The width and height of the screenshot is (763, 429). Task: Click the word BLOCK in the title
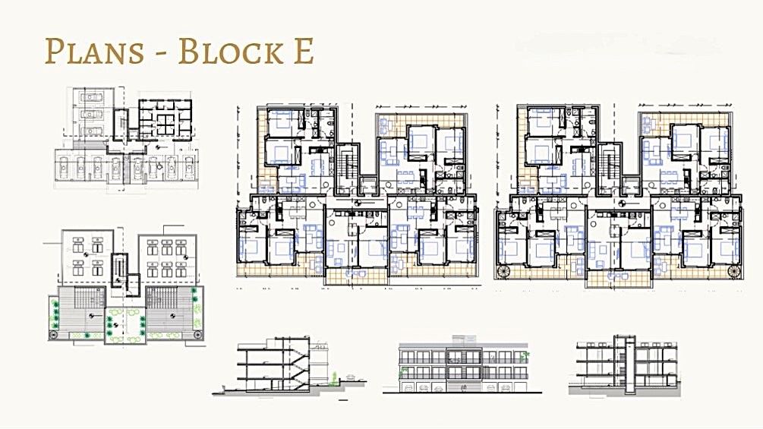(x=223, y=51)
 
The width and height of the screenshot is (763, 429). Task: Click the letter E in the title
(x=301, y=51)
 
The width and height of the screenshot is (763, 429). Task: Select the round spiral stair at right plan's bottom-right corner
(x=733, y=272)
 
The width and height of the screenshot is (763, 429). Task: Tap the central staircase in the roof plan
(x=118, y=271)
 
